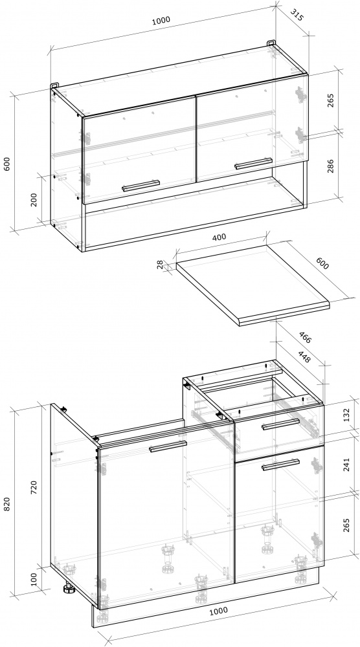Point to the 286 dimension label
click(330, 166)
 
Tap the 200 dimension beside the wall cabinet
click(34, 200)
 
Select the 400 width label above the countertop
click(219, 237)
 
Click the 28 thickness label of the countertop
click(161, 265)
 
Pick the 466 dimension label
click(305, 338)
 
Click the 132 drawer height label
click(346, 415)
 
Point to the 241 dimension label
click(346, 464)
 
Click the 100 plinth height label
click(34, 579)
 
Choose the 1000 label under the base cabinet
click(218, 611)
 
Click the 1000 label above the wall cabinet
click(161, 21)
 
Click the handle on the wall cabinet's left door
click(141, 186)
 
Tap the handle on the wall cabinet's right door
click(253, 164)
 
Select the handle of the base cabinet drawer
click(281, 424)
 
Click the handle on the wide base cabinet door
click(168, 446)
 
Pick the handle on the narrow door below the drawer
click(281, 465)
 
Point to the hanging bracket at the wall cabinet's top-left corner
click(55, 85)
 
